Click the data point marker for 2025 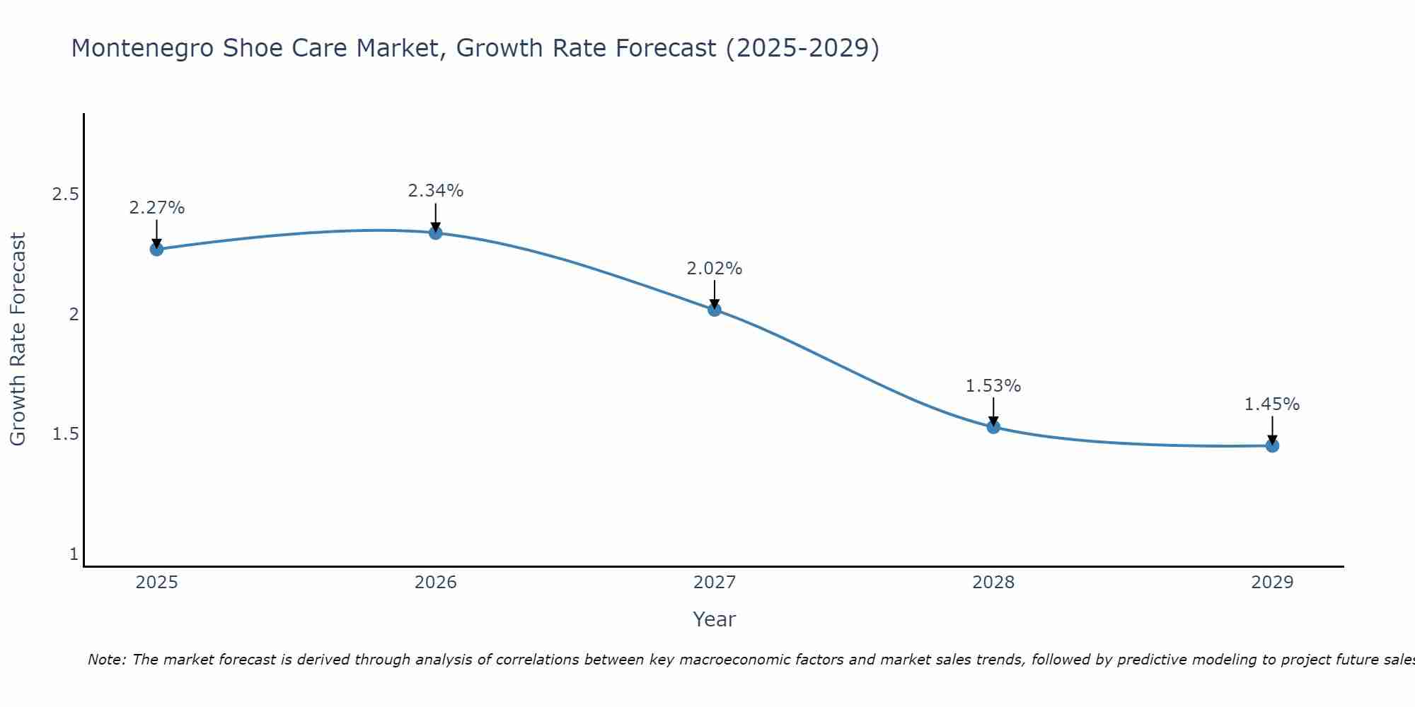pyautogui.click(x=157, y=249)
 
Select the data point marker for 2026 pyautogui.click(x=436, y=233)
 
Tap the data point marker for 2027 pyautogui.click(x=715, y=309)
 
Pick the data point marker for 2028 pyautogui.click(x=993, y=426)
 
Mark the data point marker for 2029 pyautogui.click(x=1272, y=445)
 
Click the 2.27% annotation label pyautogui.click(x=157, y=208)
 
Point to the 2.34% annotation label pyautogui.click(x=436, y=191)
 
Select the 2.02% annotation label pyautogui.click(x=715, y=269)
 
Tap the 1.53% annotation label pyautogui.click(x=993, y=386)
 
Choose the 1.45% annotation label pyautogui.click(x=1272, y=404)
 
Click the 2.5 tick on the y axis pyautogui.click(x=65, y=194)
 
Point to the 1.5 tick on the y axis pyautogui.click(x=65, y=434)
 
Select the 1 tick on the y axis pyautogui.click(x=74, y=554)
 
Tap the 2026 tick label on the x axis pyautogui.click(x=436, y=583)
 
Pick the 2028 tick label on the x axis pyautogui.click(x=993, y=583)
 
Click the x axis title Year pyautogui.click(x=715, y=619)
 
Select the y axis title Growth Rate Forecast pyautogui.click(x=18, y=339)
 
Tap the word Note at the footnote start pyautogui.click(x=106, y=660)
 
